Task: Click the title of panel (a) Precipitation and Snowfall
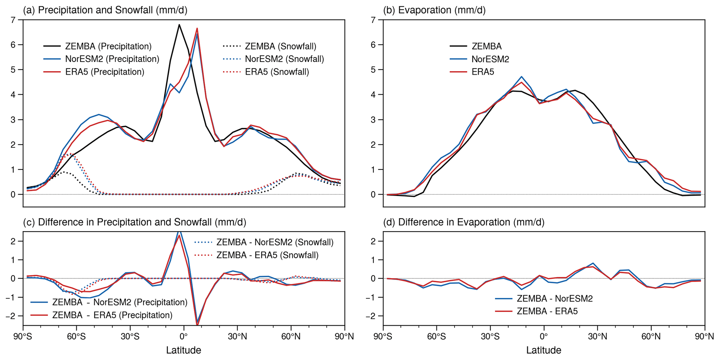105,10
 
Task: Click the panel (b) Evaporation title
434,10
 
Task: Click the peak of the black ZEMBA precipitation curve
179,24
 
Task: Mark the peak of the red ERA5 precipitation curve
197,28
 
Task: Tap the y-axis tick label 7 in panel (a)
13,20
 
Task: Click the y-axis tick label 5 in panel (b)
373,70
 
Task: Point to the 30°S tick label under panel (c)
130,337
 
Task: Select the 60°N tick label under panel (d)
651,337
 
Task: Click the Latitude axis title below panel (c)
184,350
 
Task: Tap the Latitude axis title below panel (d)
544,350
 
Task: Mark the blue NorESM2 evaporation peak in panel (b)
521,77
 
